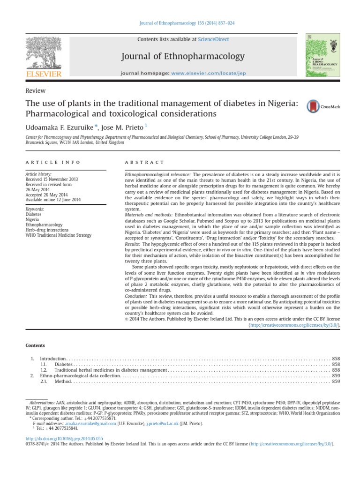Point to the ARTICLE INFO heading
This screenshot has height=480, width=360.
click(52, 162)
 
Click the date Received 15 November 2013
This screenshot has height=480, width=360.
click(52, 179)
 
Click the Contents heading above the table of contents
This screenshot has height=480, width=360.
click(35, 345)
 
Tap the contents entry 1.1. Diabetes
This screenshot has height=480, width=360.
click(64, 364)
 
